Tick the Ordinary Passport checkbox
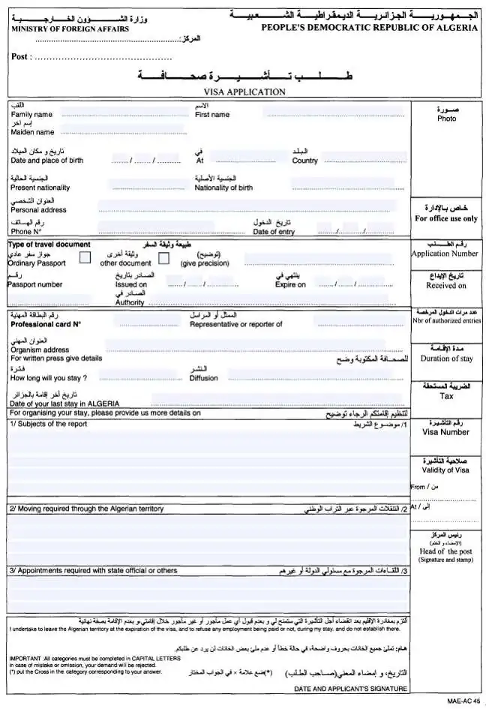[85, 258]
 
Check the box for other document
[164, 258]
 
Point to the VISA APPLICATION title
[239, 92]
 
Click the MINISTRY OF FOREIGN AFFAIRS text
[70, 29]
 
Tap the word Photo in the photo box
[446, 119]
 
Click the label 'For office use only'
[446, 219]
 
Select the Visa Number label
[445, 432]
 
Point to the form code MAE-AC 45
[463, 701]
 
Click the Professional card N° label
[46, 325]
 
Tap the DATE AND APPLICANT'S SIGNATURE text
[349, 689]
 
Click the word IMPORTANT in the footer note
[25, 658]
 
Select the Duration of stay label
[446, 359]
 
